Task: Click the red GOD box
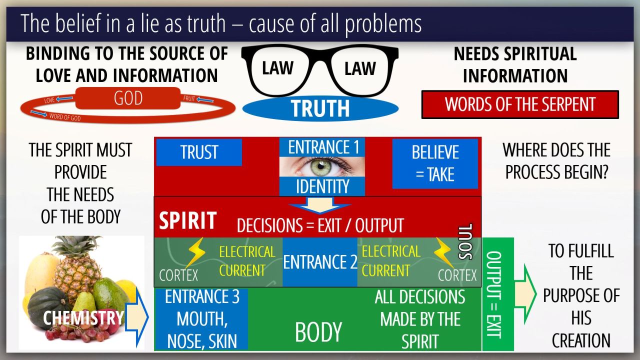128,98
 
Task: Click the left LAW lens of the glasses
277,68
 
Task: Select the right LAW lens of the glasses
360,68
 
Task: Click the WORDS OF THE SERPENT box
520,104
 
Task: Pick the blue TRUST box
199,152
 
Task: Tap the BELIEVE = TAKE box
434,163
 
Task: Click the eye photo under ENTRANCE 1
322,166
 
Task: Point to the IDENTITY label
322,187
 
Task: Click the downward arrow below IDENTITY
320,205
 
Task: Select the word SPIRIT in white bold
187,221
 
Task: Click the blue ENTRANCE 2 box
320,262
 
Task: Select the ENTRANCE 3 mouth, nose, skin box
201,319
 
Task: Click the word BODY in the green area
318,332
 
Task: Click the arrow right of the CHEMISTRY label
135,317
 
